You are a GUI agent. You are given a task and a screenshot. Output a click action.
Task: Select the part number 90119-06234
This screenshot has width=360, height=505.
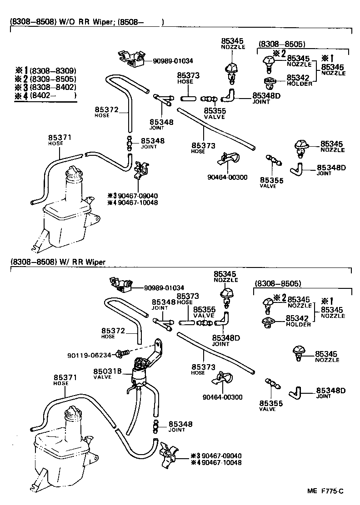pyautogui.click(x=89, y=355)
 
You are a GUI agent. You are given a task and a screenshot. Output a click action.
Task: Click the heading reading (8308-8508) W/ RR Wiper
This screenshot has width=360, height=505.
pyautogui.click(x=57, y=262)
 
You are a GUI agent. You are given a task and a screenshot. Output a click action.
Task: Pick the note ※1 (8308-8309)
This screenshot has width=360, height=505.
pyautogui.click(x=45, y=71)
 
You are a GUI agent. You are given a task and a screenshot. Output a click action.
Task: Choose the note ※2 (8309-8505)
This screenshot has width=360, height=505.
pyautogui.click(x=45, y=79)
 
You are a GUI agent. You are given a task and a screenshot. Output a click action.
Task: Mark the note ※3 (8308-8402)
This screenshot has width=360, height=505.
pyautogui.click(x=45, y=87)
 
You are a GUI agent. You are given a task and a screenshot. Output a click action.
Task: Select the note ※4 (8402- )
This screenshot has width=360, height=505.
pyautogui.click(x=45, y=95)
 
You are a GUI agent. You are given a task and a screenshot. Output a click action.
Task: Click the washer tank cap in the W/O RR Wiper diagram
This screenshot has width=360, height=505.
pyautogui.click(x=73, y=172)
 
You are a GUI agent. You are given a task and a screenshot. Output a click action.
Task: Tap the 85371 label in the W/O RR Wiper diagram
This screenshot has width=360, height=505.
pyautogui.click(x=60, y=138)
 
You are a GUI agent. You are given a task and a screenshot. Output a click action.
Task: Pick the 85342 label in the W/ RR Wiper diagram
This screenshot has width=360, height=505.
pyautogui.click(x=298, y=318)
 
